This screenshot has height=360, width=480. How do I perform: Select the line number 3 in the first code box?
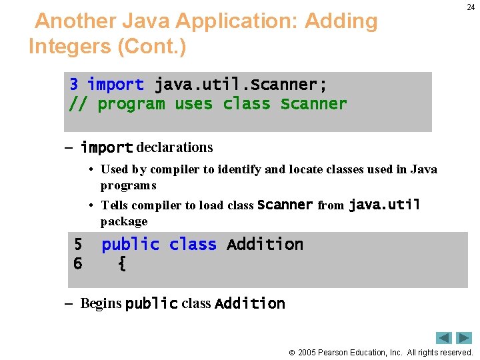[74, 85]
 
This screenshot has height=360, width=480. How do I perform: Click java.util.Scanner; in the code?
[241, 85]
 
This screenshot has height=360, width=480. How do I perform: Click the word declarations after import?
[175, 147]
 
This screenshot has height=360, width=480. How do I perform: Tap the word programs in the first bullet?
[128, 185]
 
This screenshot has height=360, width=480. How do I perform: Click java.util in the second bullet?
[384, 205]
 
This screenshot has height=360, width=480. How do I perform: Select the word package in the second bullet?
[124, 221]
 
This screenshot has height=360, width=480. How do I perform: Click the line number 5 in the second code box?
[78, 245]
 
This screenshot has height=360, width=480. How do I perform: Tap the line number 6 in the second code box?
[78, 264]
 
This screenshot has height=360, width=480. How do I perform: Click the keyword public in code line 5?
[130, 245]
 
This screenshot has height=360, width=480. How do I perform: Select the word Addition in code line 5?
[265, 245]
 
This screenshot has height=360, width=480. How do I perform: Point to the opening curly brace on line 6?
[121, 264]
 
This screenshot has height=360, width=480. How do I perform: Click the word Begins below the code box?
[101, 304]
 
